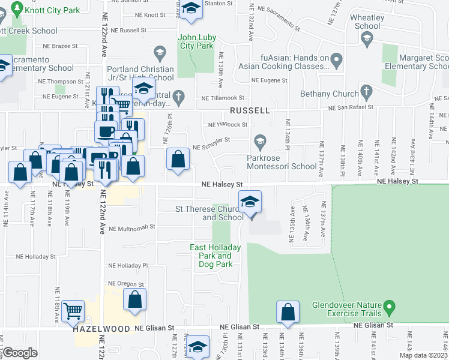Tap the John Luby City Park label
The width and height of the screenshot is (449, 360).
(x=196, y=41)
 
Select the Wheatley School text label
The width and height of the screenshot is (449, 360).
(x=367, y=22)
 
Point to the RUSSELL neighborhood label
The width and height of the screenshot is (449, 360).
(x=250, y=112)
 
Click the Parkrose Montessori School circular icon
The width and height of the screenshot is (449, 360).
(x=260, y=143)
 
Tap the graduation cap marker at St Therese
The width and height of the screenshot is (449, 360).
(x=250, y=202)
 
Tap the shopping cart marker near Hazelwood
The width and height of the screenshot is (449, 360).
(x=73, y=311)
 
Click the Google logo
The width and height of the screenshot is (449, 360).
(x=20, y=353)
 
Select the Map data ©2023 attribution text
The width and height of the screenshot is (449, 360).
(x=423, y=355)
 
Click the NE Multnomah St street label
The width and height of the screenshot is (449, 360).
(x=131, y=227)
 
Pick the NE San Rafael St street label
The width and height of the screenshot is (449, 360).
(x=354, y=107)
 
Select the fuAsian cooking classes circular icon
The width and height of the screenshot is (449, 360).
(x=336, y=59)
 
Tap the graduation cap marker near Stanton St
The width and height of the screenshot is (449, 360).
(x=191, y=9)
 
